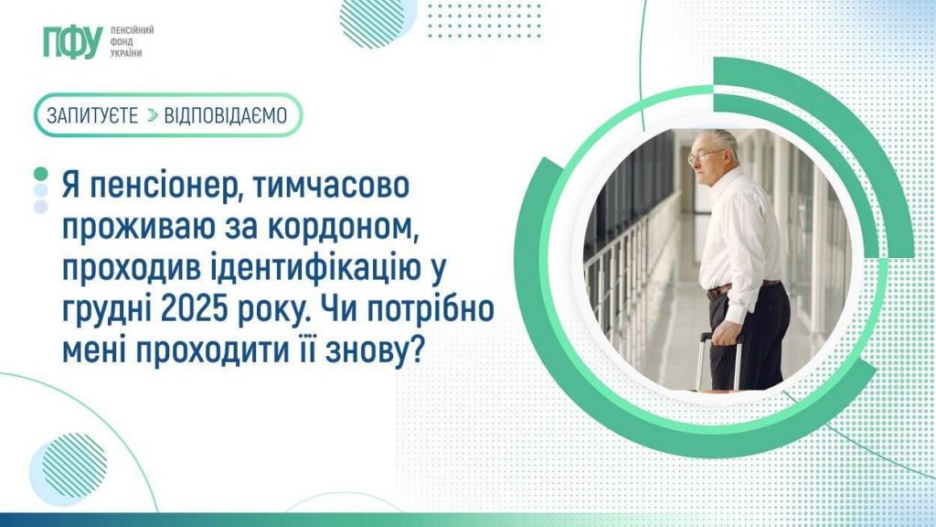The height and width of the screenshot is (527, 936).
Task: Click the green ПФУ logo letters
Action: [73, 42]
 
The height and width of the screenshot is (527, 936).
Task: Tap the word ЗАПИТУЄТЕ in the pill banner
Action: [92, 115]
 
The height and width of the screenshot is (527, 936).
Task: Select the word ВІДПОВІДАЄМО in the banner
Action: [226, 115]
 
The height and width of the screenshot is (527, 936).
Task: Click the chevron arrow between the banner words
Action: [153, 115]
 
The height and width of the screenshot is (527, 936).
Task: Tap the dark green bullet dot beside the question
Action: [40, 174]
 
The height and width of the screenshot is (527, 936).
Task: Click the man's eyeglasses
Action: [703, 156]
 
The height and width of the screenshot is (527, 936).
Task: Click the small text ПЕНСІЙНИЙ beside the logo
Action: [132, 30]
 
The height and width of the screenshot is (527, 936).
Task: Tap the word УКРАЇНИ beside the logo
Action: [126, 53]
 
